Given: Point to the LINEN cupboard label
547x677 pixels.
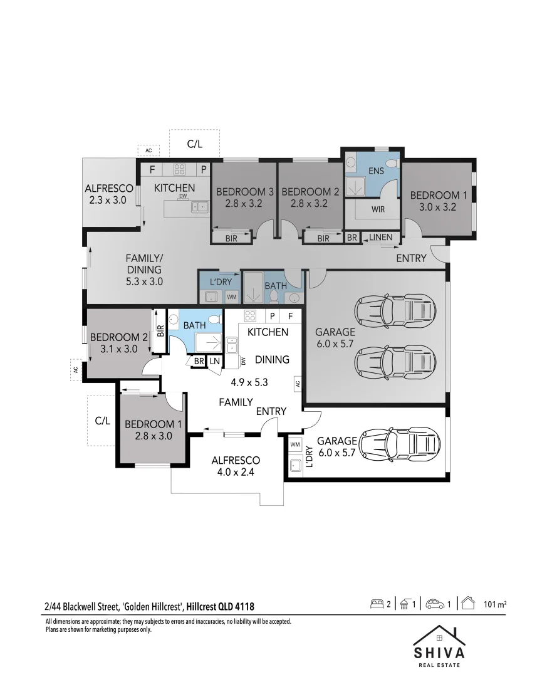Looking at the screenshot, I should [x=381, y=237].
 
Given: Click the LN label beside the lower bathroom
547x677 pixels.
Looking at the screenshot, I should [x=214, y=360].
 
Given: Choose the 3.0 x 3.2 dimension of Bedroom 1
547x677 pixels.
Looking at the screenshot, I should [x=438, y=206].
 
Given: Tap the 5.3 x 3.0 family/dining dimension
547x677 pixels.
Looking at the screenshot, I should [x=144, y=281].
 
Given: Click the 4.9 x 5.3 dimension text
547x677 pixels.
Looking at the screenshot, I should [x=249, y=382].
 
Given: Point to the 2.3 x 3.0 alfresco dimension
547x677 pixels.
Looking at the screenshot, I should [x=108, y=200].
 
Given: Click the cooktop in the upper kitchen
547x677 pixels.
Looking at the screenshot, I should [x=179, y=168].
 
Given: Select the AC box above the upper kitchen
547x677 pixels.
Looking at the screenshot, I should [x=148, y=150].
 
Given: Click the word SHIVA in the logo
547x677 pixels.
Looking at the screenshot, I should [x=439, y=652].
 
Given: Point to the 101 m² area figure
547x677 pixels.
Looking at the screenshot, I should [x=495, y=604].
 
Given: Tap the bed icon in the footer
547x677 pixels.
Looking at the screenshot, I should [x=377, y=604].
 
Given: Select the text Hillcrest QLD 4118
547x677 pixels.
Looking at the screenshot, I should [x=220, y=606].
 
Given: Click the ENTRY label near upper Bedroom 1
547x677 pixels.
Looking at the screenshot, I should [x=411, y=258].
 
